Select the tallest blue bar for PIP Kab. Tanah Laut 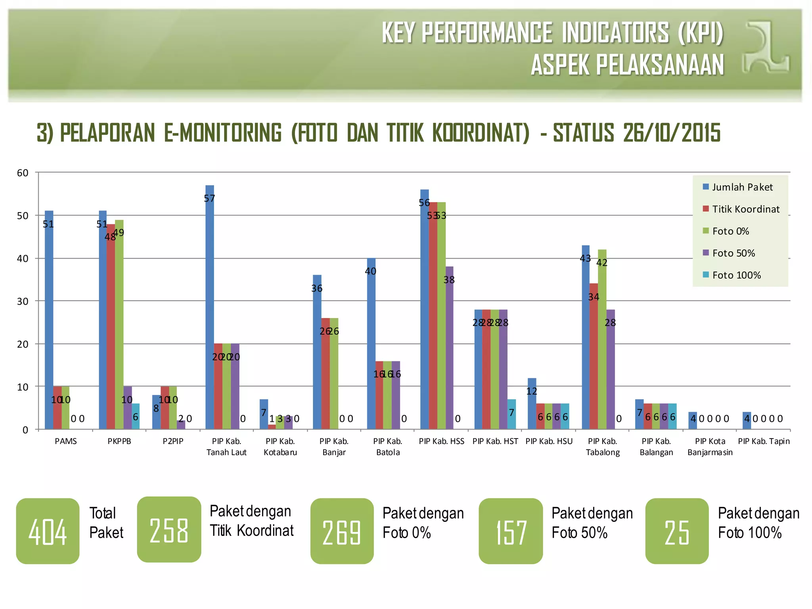click(210, 307)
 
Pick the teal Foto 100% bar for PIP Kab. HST click(511, 414)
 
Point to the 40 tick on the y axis click(23, 259)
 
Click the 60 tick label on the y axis click(23, 173)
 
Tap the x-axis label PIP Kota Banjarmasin click(710, 447)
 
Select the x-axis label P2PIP click(173, 441)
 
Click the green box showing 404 click(48, 531)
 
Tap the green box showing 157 click(511, 531)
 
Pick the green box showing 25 click(677, 531)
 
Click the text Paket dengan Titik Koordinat click(251, 521)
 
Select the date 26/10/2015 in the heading click(671, 132)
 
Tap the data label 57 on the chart click(209, 198)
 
